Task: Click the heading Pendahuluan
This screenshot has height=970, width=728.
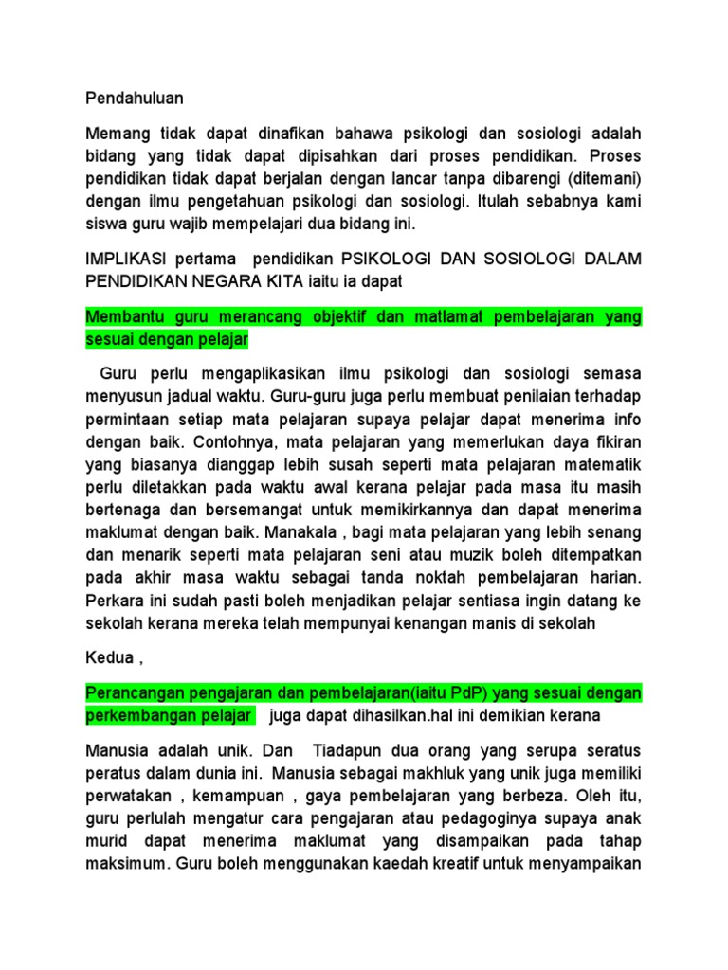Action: pos(135,98)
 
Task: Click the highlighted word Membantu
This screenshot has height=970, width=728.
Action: pos(124,316)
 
